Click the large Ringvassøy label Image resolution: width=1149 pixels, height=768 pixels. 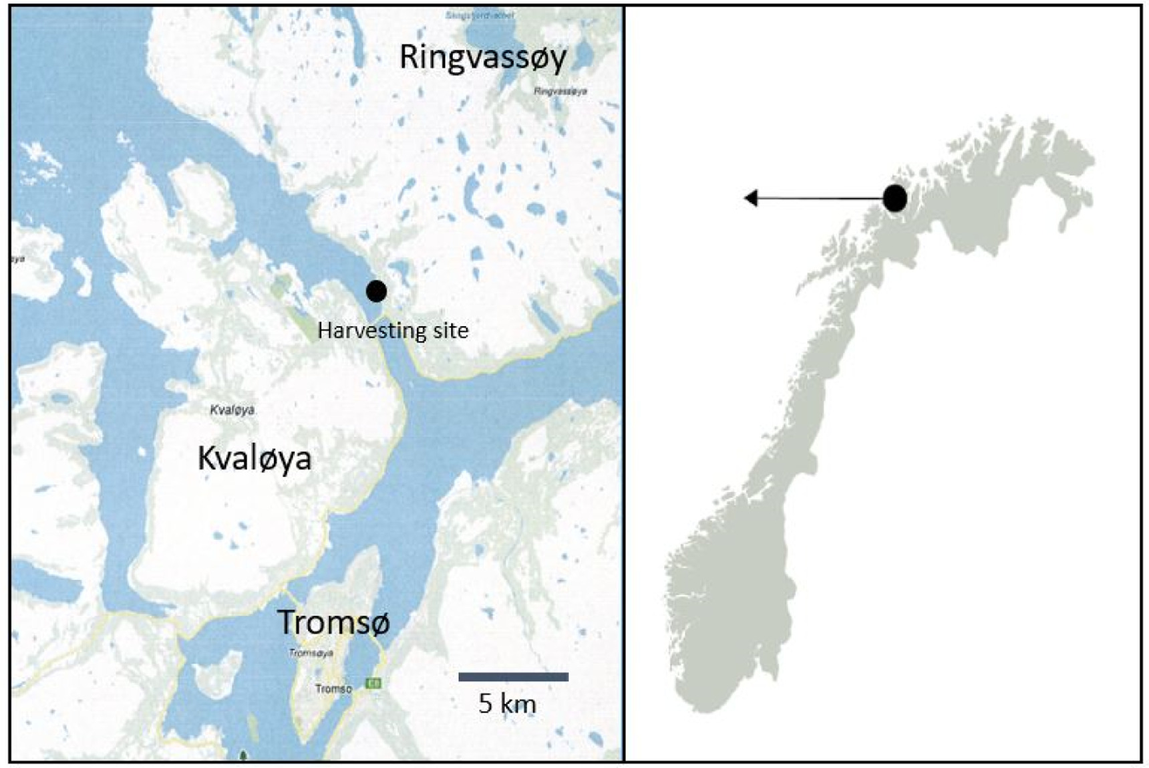coord(482,58)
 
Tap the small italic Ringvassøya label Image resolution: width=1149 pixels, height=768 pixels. coord(560,91)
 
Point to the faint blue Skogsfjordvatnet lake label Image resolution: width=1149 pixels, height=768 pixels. coord(480,15)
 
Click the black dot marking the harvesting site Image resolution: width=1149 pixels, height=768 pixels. coord(376,291)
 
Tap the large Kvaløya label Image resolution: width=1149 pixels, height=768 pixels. coord(255,459)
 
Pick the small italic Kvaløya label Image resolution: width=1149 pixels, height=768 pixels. coord(232,410)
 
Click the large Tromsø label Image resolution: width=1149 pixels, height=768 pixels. coord(333,622)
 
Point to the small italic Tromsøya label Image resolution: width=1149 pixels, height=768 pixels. coord(311,653)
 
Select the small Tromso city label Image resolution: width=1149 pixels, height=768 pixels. coord(333,688)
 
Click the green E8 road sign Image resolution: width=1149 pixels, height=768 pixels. coord(373,683)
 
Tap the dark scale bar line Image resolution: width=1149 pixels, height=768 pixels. coord(513,677)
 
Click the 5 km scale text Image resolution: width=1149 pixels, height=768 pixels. coord(507,703)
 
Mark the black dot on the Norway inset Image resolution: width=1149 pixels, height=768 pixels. coord(894,199)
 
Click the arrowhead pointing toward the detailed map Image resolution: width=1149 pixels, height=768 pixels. coord(751,199)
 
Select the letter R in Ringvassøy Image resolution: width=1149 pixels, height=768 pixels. coord(408,58)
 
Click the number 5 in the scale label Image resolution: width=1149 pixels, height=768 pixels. coord(485,703)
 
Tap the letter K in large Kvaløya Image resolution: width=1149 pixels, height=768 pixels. coord(207,459)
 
